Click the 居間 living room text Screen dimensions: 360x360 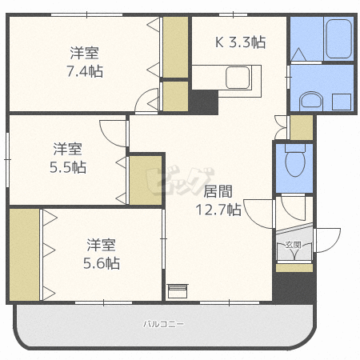pyautogui.click(x=218, y=192)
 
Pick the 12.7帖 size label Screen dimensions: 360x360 pyautogui.click(x=218, y=210)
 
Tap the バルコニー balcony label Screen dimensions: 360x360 pyautogui.click(x=163, y=325)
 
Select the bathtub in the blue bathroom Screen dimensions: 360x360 pyautogui.click(x=339, y=39)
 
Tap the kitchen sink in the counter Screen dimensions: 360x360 pyautogui.click(x=238, y=78)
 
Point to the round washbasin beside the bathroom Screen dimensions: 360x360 pyautogui.click(x=308, y=101)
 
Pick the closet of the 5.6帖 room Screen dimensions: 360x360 pyautogui.click(x=24, y=254)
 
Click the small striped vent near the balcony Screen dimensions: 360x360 pyautogui.click(x=177, y=290)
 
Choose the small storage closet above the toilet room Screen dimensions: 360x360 pyautogui.click(x=301, y=126)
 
